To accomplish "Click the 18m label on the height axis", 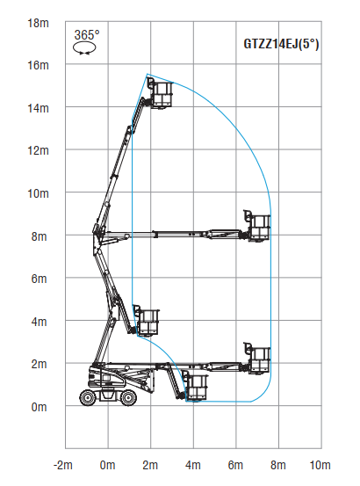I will [36, 22].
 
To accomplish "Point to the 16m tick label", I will [36, 65].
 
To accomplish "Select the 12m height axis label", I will [36, 150].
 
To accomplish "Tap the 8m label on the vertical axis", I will [39, 236].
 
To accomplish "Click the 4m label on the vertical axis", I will [39, 321].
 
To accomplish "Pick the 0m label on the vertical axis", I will [39, 406].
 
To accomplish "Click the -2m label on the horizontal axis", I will [63, 464].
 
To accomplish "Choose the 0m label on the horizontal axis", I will [107, 464].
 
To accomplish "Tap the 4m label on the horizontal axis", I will [193, 464].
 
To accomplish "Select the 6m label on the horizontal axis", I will [235, 464].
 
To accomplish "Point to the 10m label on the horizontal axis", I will [320, 464].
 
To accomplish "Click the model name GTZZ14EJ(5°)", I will [281, 42].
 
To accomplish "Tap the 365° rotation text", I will [86, 35].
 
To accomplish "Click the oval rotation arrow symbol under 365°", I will [86, 49].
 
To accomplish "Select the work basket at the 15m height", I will [161, 93].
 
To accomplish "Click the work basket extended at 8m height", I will [258, 226].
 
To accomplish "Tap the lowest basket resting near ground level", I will [195, 388].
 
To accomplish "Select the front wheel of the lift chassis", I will [129, 397].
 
